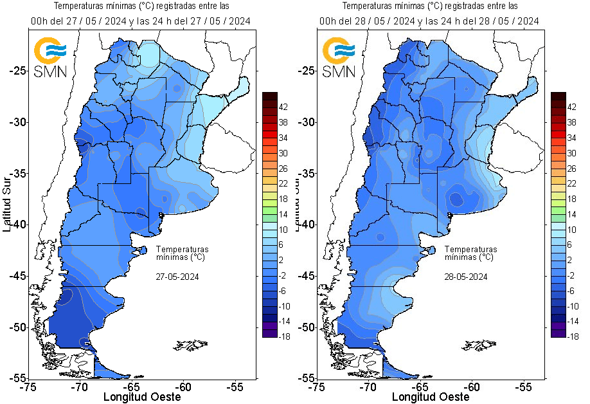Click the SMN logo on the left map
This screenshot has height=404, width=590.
pos(50,57)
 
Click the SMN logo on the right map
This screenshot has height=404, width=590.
pos(339,57)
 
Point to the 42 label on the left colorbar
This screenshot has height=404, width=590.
pos(285,107)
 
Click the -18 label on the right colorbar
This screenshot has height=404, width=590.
pos(573,336)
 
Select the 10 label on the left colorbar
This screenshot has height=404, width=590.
pos(285,230)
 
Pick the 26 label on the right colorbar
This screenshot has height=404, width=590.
pos(573,169)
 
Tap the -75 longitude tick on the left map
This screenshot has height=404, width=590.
pos(28,387)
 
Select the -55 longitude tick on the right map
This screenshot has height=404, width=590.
pos(524,387)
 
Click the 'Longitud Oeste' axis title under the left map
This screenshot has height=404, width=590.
pos(142,397)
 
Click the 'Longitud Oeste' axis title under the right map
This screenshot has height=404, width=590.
pos(431,397)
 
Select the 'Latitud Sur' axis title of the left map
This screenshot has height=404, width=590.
pos(6,206)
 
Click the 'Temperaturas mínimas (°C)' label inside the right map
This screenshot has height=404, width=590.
pos(470,253)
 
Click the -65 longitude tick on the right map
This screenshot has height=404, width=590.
pos(420,387)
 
